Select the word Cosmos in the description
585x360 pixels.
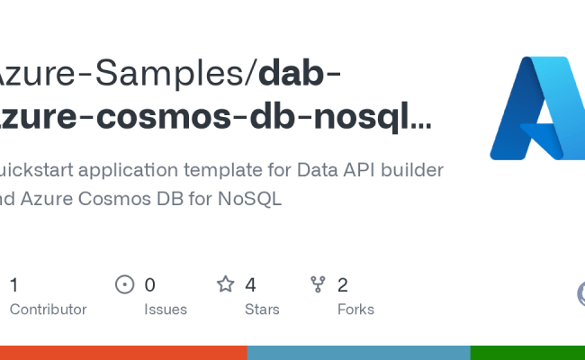tap(119, 199)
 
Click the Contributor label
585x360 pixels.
tap(48, 309)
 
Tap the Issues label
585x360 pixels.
tap(166, 309)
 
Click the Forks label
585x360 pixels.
tap(355, 309)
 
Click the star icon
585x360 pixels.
tap(226, 285)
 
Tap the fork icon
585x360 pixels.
tap(318, 285)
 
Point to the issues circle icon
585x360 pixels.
tap(125, 285)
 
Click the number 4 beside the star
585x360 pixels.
tap(250, 285)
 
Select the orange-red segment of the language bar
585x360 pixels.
tap(123, 353)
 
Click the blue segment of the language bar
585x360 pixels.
tap(358, 353)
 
